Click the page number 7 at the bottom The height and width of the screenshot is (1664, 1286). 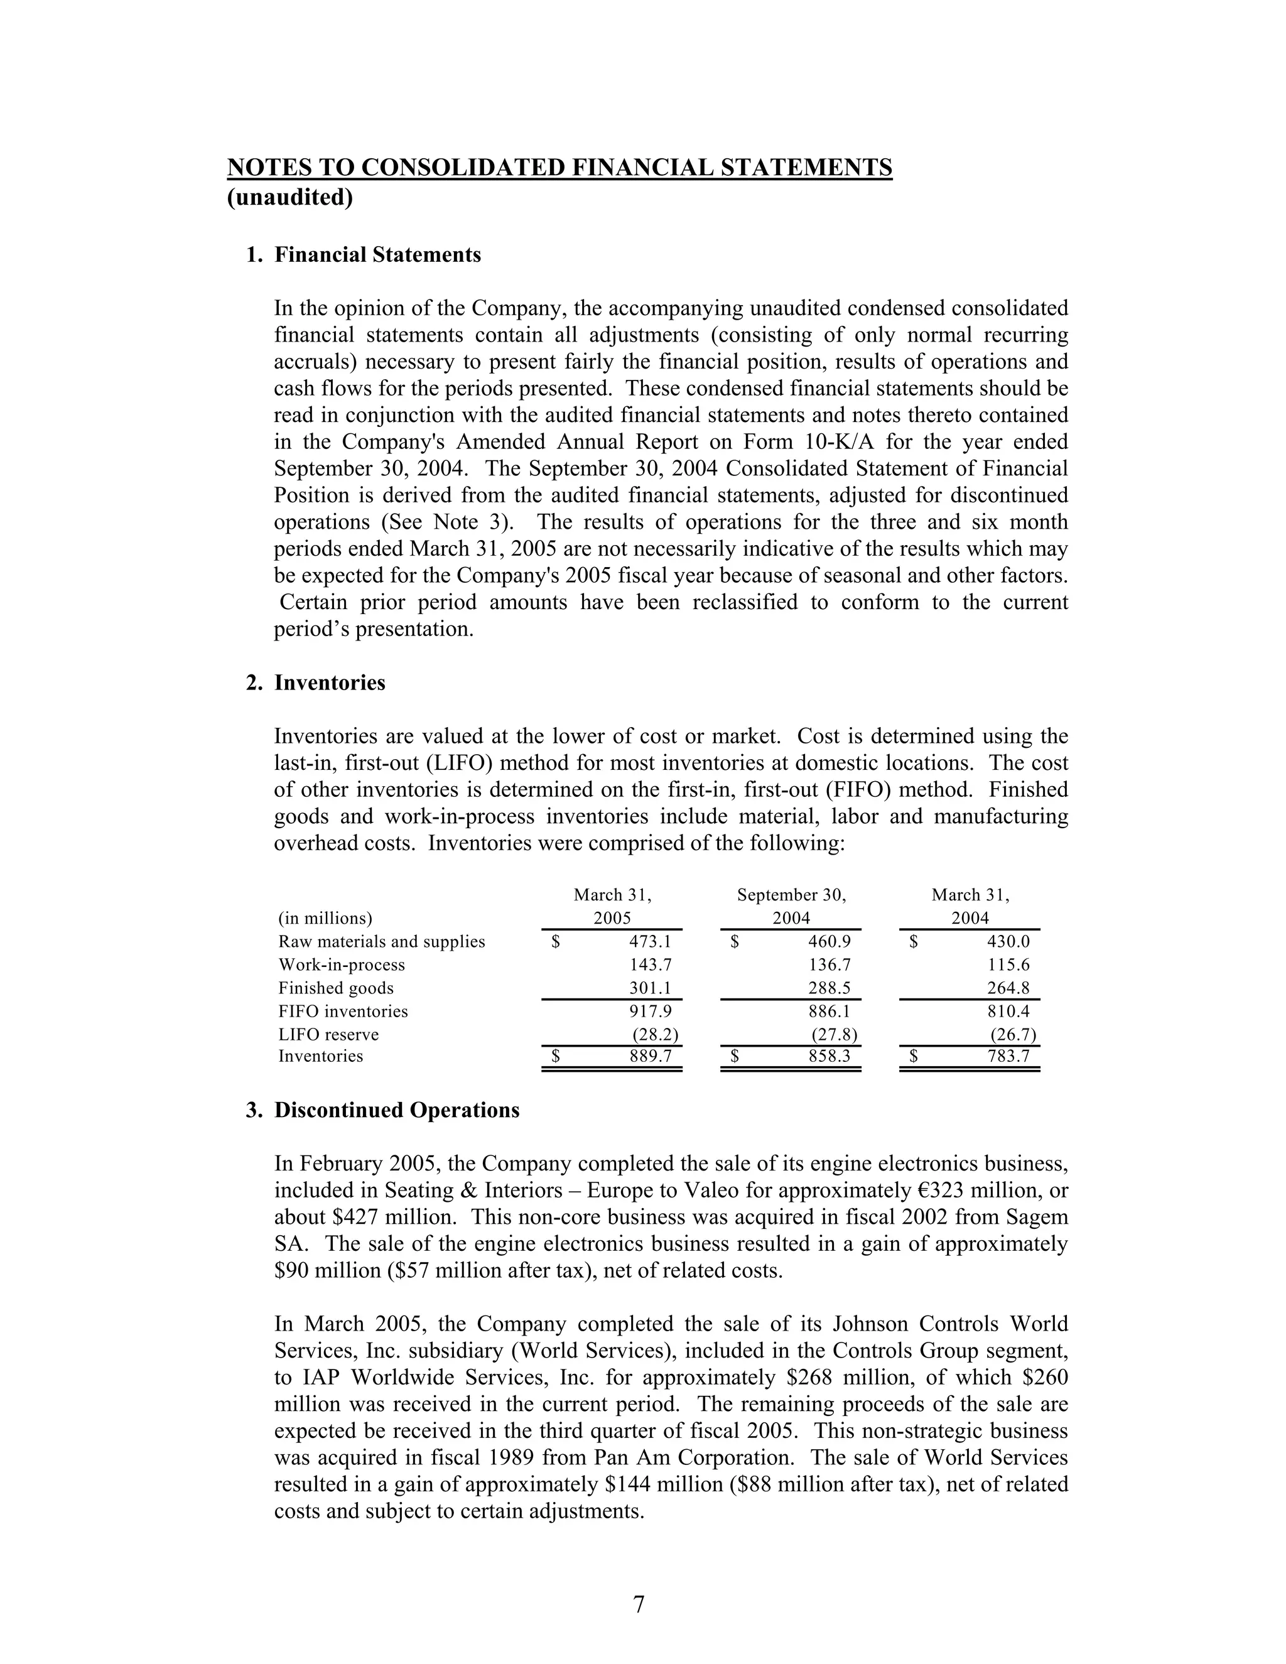(x=639, y=1604)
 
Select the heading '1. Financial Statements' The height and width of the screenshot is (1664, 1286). (x=364, y=254)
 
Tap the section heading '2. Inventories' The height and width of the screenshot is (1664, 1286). (x=315, y=683)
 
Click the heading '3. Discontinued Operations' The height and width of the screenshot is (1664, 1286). (x=382, y=1110)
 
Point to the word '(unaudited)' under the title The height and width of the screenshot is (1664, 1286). (x=290, y=197)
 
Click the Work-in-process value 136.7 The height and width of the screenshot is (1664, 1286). (x=829, y=965)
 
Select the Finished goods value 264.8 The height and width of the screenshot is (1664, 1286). (x=1008, y=988)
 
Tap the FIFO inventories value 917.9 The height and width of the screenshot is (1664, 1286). (x=650, y=1011)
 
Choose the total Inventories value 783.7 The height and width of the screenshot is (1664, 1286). (x=1008, y=1057)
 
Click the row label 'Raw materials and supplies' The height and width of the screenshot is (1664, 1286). (x=382, y=942)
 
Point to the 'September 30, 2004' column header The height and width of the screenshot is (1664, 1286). (x=792, y=907)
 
